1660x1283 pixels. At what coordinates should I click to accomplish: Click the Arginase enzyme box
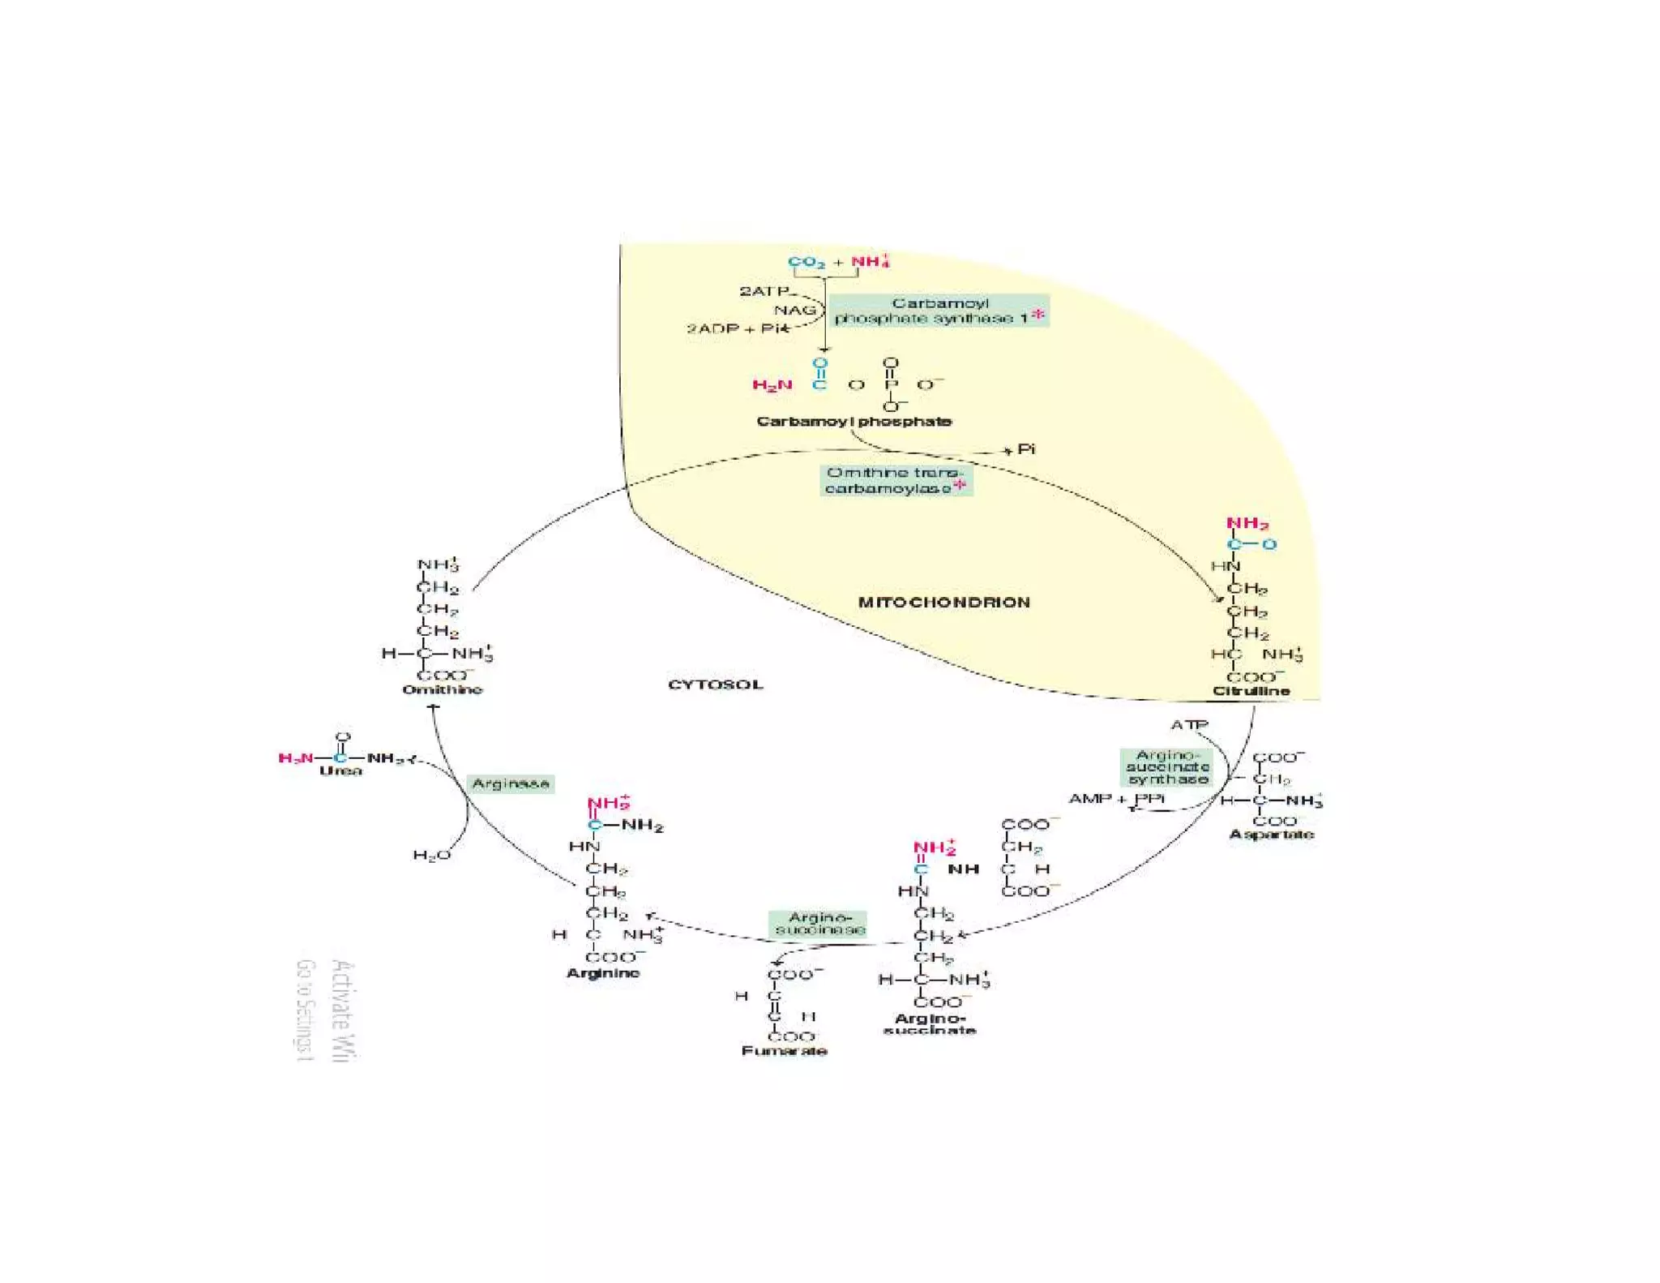point(510,783)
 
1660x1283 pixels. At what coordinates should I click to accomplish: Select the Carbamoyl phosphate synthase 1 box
point(939,311)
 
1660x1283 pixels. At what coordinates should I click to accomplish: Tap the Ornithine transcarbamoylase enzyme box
point(895,480)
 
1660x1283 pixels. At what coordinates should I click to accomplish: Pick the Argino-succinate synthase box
point(1167,767)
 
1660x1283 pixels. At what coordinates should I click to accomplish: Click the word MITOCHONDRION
point(943,603)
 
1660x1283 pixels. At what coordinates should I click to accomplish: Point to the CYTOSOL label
point(715,684)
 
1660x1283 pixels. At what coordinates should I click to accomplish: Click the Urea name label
point(340,771)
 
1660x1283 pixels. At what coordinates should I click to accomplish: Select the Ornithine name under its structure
point(443,690)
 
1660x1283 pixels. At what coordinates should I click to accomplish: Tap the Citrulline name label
point(1251,692)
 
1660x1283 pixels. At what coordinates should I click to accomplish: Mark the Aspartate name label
point(1271,835)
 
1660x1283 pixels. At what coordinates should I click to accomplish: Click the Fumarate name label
point(784,1051)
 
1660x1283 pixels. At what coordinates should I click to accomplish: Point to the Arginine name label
point(603,973)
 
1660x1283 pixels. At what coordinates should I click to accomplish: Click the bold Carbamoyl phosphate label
point(854,422)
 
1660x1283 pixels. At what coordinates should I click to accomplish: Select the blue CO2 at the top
point(806,262)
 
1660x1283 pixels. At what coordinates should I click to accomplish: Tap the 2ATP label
point(763,290)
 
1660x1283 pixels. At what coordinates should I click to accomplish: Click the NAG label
point(794,310)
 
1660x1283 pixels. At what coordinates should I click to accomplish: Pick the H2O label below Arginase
point(431,856)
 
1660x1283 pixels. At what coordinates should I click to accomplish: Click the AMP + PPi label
point(1116,799)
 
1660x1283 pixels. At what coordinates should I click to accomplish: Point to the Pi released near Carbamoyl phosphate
point(1026,449)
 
